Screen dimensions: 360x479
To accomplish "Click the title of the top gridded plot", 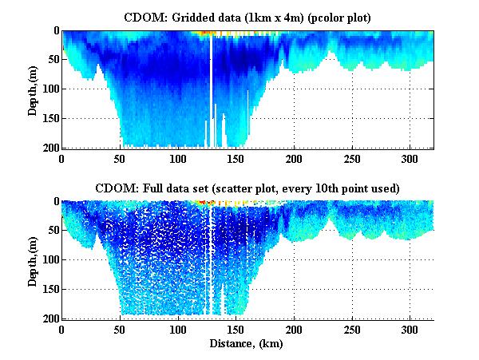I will pos(247,16).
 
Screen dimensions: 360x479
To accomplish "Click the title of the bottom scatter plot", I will pos(247,188).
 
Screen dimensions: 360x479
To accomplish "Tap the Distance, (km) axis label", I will pos(247,344).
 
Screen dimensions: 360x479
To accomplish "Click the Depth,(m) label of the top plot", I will pos(32,89).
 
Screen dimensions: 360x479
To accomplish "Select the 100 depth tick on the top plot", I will pos(49,89).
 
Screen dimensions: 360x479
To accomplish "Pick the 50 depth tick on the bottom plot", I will pos(52,231).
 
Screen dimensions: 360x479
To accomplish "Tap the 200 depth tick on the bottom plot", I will pos(49,318).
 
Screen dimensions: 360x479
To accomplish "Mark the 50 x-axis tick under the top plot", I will pos(120,159).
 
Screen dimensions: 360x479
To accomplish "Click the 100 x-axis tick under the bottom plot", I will pos(178,330).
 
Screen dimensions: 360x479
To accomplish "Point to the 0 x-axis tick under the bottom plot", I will pos(61,330).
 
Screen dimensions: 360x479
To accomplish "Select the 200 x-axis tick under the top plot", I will pos(294,159).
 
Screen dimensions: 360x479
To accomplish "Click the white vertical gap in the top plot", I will pos(211,88).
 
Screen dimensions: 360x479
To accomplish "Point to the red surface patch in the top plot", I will pos(207,34).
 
